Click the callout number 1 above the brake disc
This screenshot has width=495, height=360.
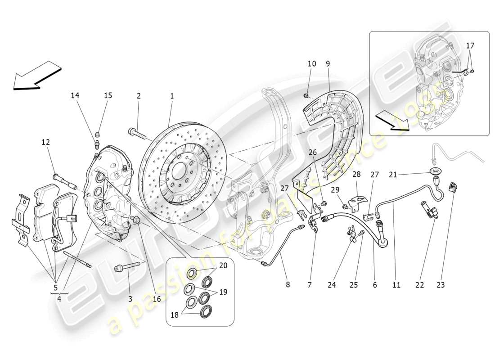(171, 96)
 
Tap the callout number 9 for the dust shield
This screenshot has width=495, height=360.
(328, 64)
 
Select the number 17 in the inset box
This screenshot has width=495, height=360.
(470, 45)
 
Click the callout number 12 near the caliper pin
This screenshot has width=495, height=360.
(46, 142)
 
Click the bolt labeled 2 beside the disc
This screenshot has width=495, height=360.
(135, 132)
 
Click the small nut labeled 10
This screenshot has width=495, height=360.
(306, 95)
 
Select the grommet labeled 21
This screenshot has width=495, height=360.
(436, 171)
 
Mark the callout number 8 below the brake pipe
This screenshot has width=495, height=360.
(288, 284)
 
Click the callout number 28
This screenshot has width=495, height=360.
(356, 174)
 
